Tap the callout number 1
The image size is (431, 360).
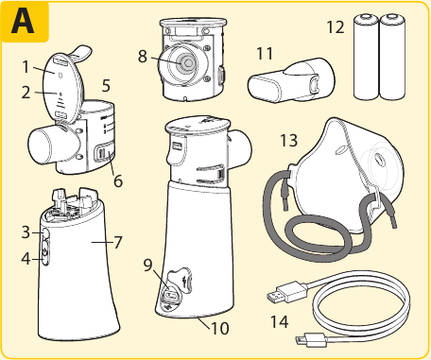pyautogui.click(x=26, y=67)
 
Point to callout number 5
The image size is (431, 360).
pyautogui.click(x=106, y=85)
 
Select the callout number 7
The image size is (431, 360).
pyautogui.click(x=118, y=242)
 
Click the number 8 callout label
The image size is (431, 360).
pyautogui.click(x=143, y=57)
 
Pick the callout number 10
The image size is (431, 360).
pyautogui.click(x=219, y=329)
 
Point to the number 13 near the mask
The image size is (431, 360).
pyautogui.click(x=287, y=140)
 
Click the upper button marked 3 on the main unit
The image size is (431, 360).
pyautogui.click(x=42, y=232)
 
